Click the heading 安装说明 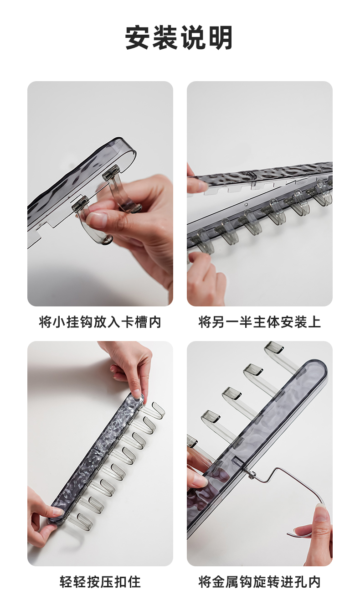click(x=179, y=37)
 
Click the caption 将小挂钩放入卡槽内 click(x=100, y=322)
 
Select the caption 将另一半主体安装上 click(x=259, y=322)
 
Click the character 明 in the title click(x=220, y=37)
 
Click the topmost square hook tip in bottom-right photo click(x=273, y=347)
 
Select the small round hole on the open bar click(x=247, y=204)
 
